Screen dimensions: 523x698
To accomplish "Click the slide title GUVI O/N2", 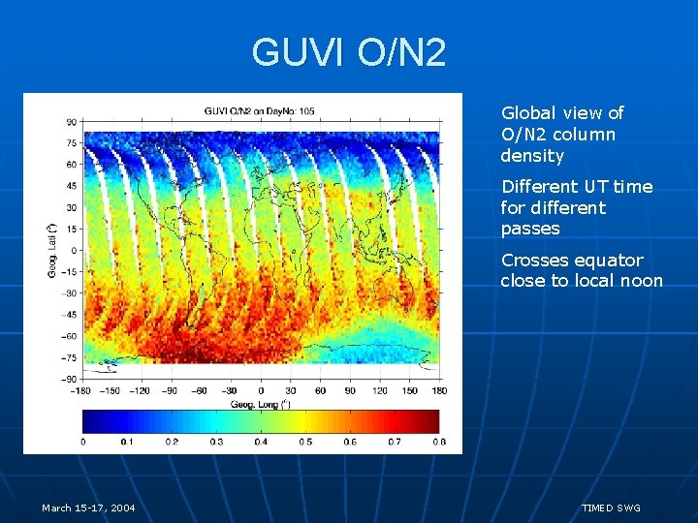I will pos(349,52).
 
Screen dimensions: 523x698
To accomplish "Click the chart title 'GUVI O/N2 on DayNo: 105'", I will pos(260,111).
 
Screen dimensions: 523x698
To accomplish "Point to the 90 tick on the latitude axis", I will pos(72,122).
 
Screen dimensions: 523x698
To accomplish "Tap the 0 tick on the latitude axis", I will pos(75,250).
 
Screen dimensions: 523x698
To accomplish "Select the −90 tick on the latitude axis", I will pos(70,378).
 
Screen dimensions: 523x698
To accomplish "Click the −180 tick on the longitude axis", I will pos(82,390).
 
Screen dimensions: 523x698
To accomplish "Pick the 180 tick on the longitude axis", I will pos(439,390).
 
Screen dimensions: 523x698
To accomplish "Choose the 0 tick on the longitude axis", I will pos(261,390).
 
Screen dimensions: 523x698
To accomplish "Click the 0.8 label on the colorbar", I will pos(438,442).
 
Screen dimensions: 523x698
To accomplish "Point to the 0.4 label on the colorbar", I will pos(261,442).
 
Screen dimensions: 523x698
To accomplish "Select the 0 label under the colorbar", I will pos(83,442).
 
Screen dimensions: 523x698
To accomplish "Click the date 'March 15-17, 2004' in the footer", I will pos(88,508).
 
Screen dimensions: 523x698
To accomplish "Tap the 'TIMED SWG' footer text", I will pos(611,508).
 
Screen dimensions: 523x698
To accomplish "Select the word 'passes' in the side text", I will pos(530,230).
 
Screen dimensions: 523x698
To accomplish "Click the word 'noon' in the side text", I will pos(642,282).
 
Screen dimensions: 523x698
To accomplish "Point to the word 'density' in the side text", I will pos(532,156).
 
